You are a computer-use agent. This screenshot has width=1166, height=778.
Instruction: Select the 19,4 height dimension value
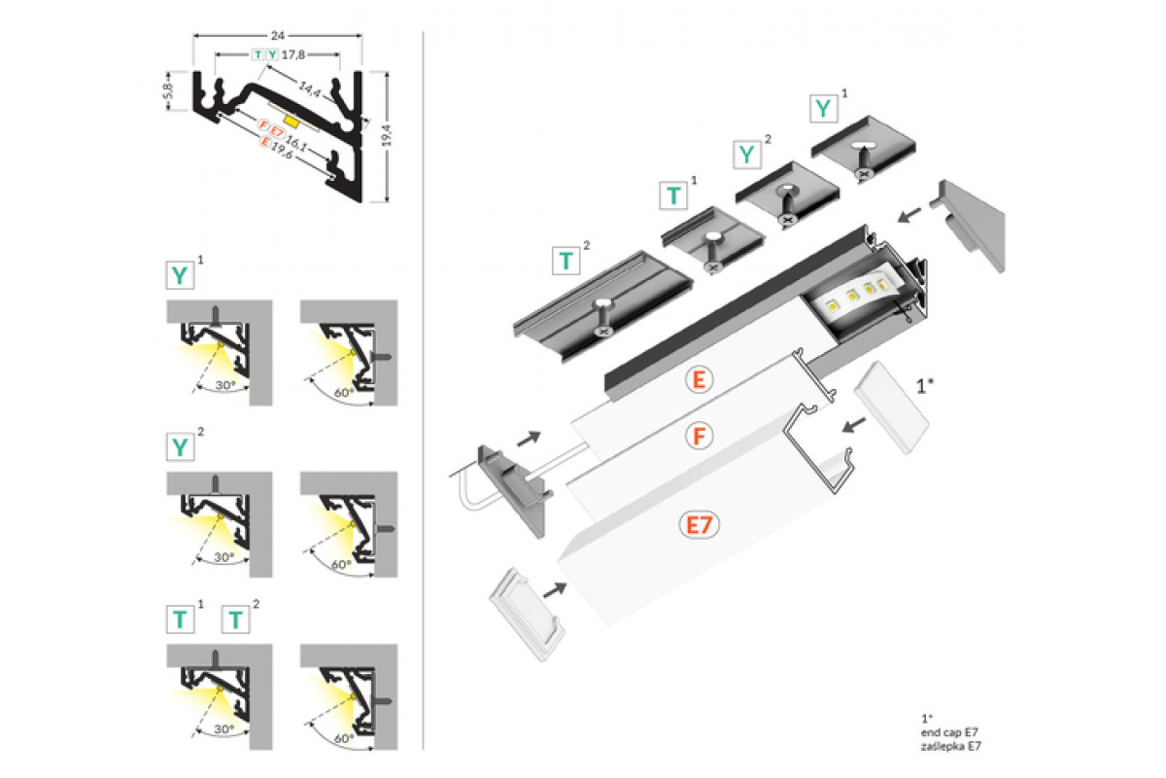pos(388,137)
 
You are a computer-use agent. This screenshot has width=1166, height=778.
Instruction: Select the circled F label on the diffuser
pos(697,438)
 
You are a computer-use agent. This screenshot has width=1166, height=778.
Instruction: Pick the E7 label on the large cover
pos(700,525)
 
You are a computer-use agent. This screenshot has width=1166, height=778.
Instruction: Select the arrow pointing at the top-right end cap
pos(910,214)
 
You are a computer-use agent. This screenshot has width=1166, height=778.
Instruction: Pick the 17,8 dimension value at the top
pos(292,54)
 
